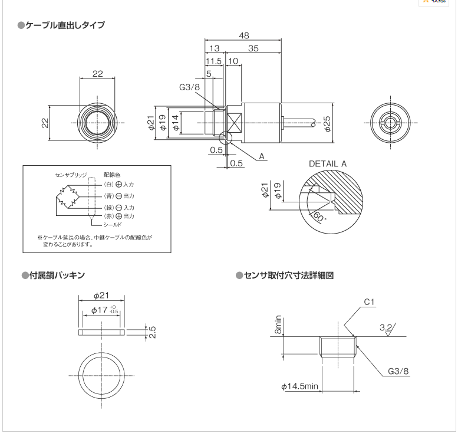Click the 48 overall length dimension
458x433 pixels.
pos(243,36)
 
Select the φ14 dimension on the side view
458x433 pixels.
pos(175,122)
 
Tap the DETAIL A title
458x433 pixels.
pos(327,163)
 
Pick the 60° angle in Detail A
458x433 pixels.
pos(321,216)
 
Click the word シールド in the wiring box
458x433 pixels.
pos(113,225)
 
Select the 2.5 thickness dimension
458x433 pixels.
pos(151,332)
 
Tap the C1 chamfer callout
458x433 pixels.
pos(369,302)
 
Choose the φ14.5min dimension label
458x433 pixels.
pos(299,386)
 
